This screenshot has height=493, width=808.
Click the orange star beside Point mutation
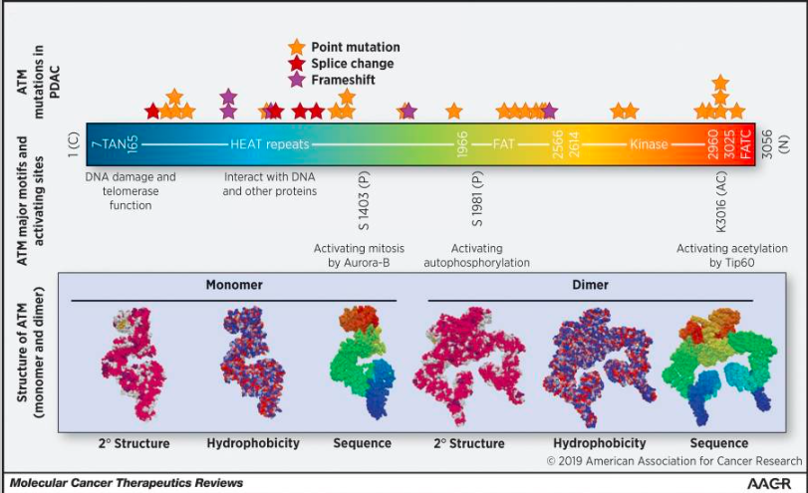pos(296,48)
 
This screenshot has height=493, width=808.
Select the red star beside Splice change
pos(296,63)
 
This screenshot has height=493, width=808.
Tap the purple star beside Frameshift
pos(296,79)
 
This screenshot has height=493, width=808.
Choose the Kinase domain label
pos(649,144)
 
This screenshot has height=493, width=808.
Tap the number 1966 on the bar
pos(462,144)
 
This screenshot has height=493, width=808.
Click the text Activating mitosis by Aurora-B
pos(356,255)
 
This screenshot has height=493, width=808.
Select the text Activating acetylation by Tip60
pos(731,255)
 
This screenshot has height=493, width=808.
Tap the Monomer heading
pos(234,285)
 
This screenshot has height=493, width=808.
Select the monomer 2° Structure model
pos(134,369)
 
